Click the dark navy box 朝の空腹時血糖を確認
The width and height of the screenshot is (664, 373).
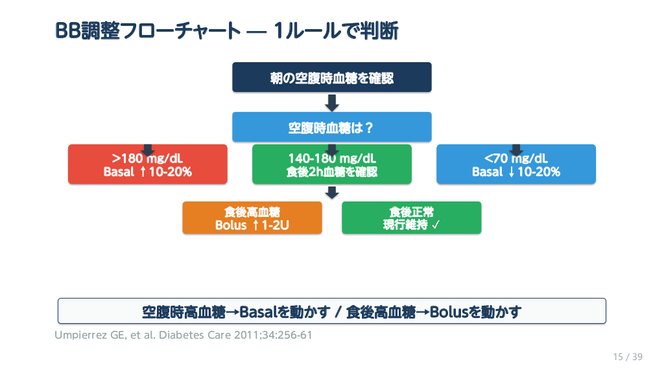(x=331, y=78)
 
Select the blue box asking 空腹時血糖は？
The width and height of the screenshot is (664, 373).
(x=331, y=127)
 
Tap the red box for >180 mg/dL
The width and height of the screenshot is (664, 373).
(x=148, y=164)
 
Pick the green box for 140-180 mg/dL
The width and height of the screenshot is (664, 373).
(x=331, y=164)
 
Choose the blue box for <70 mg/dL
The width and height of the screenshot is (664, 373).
(x=516, y=164)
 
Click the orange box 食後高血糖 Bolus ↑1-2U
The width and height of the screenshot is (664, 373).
(x=252, y=218)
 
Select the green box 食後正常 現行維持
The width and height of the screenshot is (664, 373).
(x=411, y=218)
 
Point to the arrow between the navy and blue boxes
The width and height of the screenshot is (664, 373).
(x=332, y=103)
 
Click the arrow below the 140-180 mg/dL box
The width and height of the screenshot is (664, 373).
(x=332, y=193)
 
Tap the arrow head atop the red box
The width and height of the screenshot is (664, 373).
(x=148, y=150)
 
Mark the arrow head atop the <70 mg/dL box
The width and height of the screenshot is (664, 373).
(x=516, y=150)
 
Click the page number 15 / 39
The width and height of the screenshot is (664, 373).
(x=628, y=357)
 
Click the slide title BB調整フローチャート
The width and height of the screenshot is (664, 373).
(x=148, y=31)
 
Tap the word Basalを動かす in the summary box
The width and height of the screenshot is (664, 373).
(x=285, y=312)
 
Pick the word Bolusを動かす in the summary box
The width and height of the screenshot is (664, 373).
(x=475, y=312)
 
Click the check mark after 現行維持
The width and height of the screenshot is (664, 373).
(x=436, y=225)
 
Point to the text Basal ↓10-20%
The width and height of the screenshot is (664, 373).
(x=516, y=172)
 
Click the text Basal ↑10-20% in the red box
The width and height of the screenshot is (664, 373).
(x=148, y=172)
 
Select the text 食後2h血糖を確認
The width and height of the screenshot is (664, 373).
(x=331, y=172)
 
